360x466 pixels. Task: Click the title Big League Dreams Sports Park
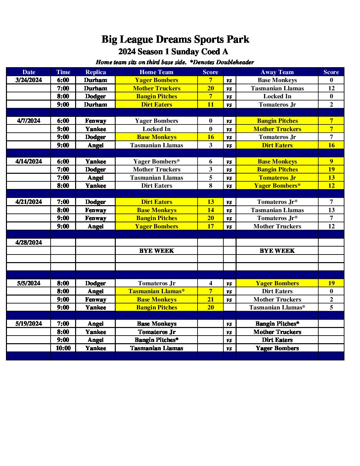(x=175, y=39)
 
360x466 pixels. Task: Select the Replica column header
(x=96, y=72)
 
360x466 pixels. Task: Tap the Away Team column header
(x=277, y=72)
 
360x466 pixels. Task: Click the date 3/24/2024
(x=29, y=80)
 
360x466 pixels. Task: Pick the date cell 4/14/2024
(x=29, y=162)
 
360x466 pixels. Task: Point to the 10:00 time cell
(x=63, y=348)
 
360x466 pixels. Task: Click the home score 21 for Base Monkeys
(x=210, y=300)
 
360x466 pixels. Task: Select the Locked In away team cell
(x=277, y=96)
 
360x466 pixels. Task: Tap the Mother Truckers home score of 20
(x=210, y=88)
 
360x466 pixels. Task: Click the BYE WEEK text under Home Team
(x=157, y=251)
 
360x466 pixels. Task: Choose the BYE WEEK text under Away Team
(x=277, y=251)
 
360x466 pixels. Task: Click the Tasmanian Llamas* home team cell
(x=157, y=291)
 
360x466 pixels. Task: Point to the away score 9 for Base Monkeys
(x=331, y=162)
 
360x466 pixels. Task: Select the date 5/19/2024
(x=29, y=324)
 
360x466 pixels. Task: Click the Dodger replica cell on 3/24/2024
(x=96, y=96)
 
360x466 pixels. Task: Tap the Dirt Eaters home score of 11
(x=210, y=105)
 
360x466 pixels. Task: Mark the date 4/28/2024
(x=29, y=243)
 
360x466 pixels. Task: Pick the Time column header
(x=63, y=72)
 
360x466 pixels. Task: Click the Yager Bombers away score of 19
(x=331, y=283)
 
